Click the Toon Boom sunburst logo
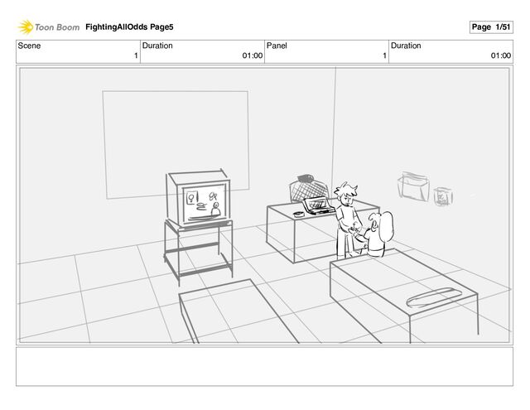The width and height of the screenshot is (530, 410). [x=26, y=27]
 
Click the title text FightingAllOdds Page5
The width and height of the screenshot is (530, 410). [x=129, y=27]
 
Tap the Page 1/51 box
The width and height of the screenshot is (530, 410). [x=491, y=27]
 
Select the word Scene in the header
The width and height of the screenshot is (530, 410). [x=29, y=46]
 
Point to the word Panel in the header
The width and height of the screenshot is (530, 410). [x=277, y=46]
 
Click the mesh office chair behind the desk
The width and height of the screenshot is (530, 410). [x=309, y=189]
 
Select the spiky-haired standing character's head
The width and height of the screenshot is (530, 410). [x=346, y=195]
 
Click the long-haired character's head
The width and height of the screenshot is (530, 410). [x=382, y=224]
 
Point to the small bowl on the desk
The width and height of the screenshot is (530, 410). [x=298, y=214]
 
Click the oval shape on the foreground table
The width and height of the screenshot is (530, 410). [x=435, y=297]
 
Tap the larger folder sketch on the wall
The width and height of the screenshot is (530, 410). [x=413, y=186]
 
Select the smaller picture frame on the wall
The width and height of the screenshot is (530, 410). [x=443, y=196]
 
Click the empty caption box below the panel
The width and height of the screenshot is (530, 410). [x=264, y=366]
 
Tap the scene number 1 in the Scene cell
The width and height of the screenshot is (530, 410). [x=136, y=55]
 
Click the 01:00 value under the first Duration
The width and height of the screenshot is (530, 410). [x=252, y=55]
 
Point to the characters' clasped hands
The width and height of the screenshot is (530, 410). [x=354, y=230]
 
